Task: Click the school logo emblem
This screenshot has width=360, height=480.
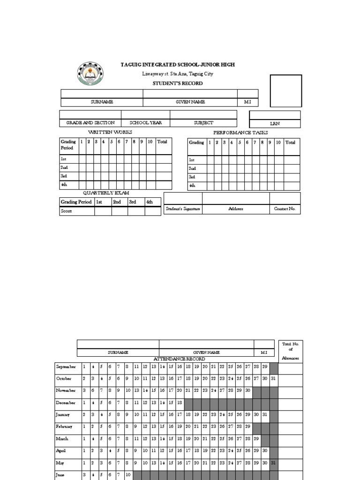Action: [91, 75]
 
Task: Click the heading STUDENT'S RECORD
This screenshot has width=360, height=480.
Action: [171, 83]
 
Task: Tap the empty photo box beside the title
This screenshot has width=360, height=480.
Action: [285, 91]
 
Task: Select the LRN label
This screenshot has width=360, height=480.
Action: [275, 124]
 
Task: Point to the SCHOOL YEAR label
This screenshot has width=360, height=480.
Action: [146, 123]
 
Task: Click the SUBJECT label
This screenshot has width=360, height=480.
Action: [203, 123]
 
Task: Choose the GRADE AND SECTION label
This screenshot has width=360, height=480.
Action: [90, 123]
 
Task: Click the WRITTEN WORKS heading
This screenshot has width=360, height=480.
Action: [110, 133]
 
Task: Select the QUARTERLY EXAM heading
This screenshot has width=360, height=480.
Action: [106, 193]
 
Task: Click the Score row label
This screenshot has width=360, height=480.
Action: [67, 211]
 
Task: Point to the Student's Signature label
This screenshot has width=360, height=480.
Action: [183, 209]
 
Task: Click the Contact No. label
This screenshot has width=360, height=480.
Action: [285, 209]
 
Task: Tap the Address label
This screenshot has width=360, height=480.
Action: [235, 209]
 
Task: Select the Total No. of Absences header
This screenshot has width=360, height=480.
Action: [290, 351]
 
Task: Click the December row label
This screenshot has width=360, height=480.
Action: [66, 403]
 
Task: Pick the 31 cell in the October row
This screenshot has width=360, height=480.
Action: [274, 378]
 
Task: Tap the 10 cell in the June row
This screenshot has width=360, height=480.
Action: [128, 475]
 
